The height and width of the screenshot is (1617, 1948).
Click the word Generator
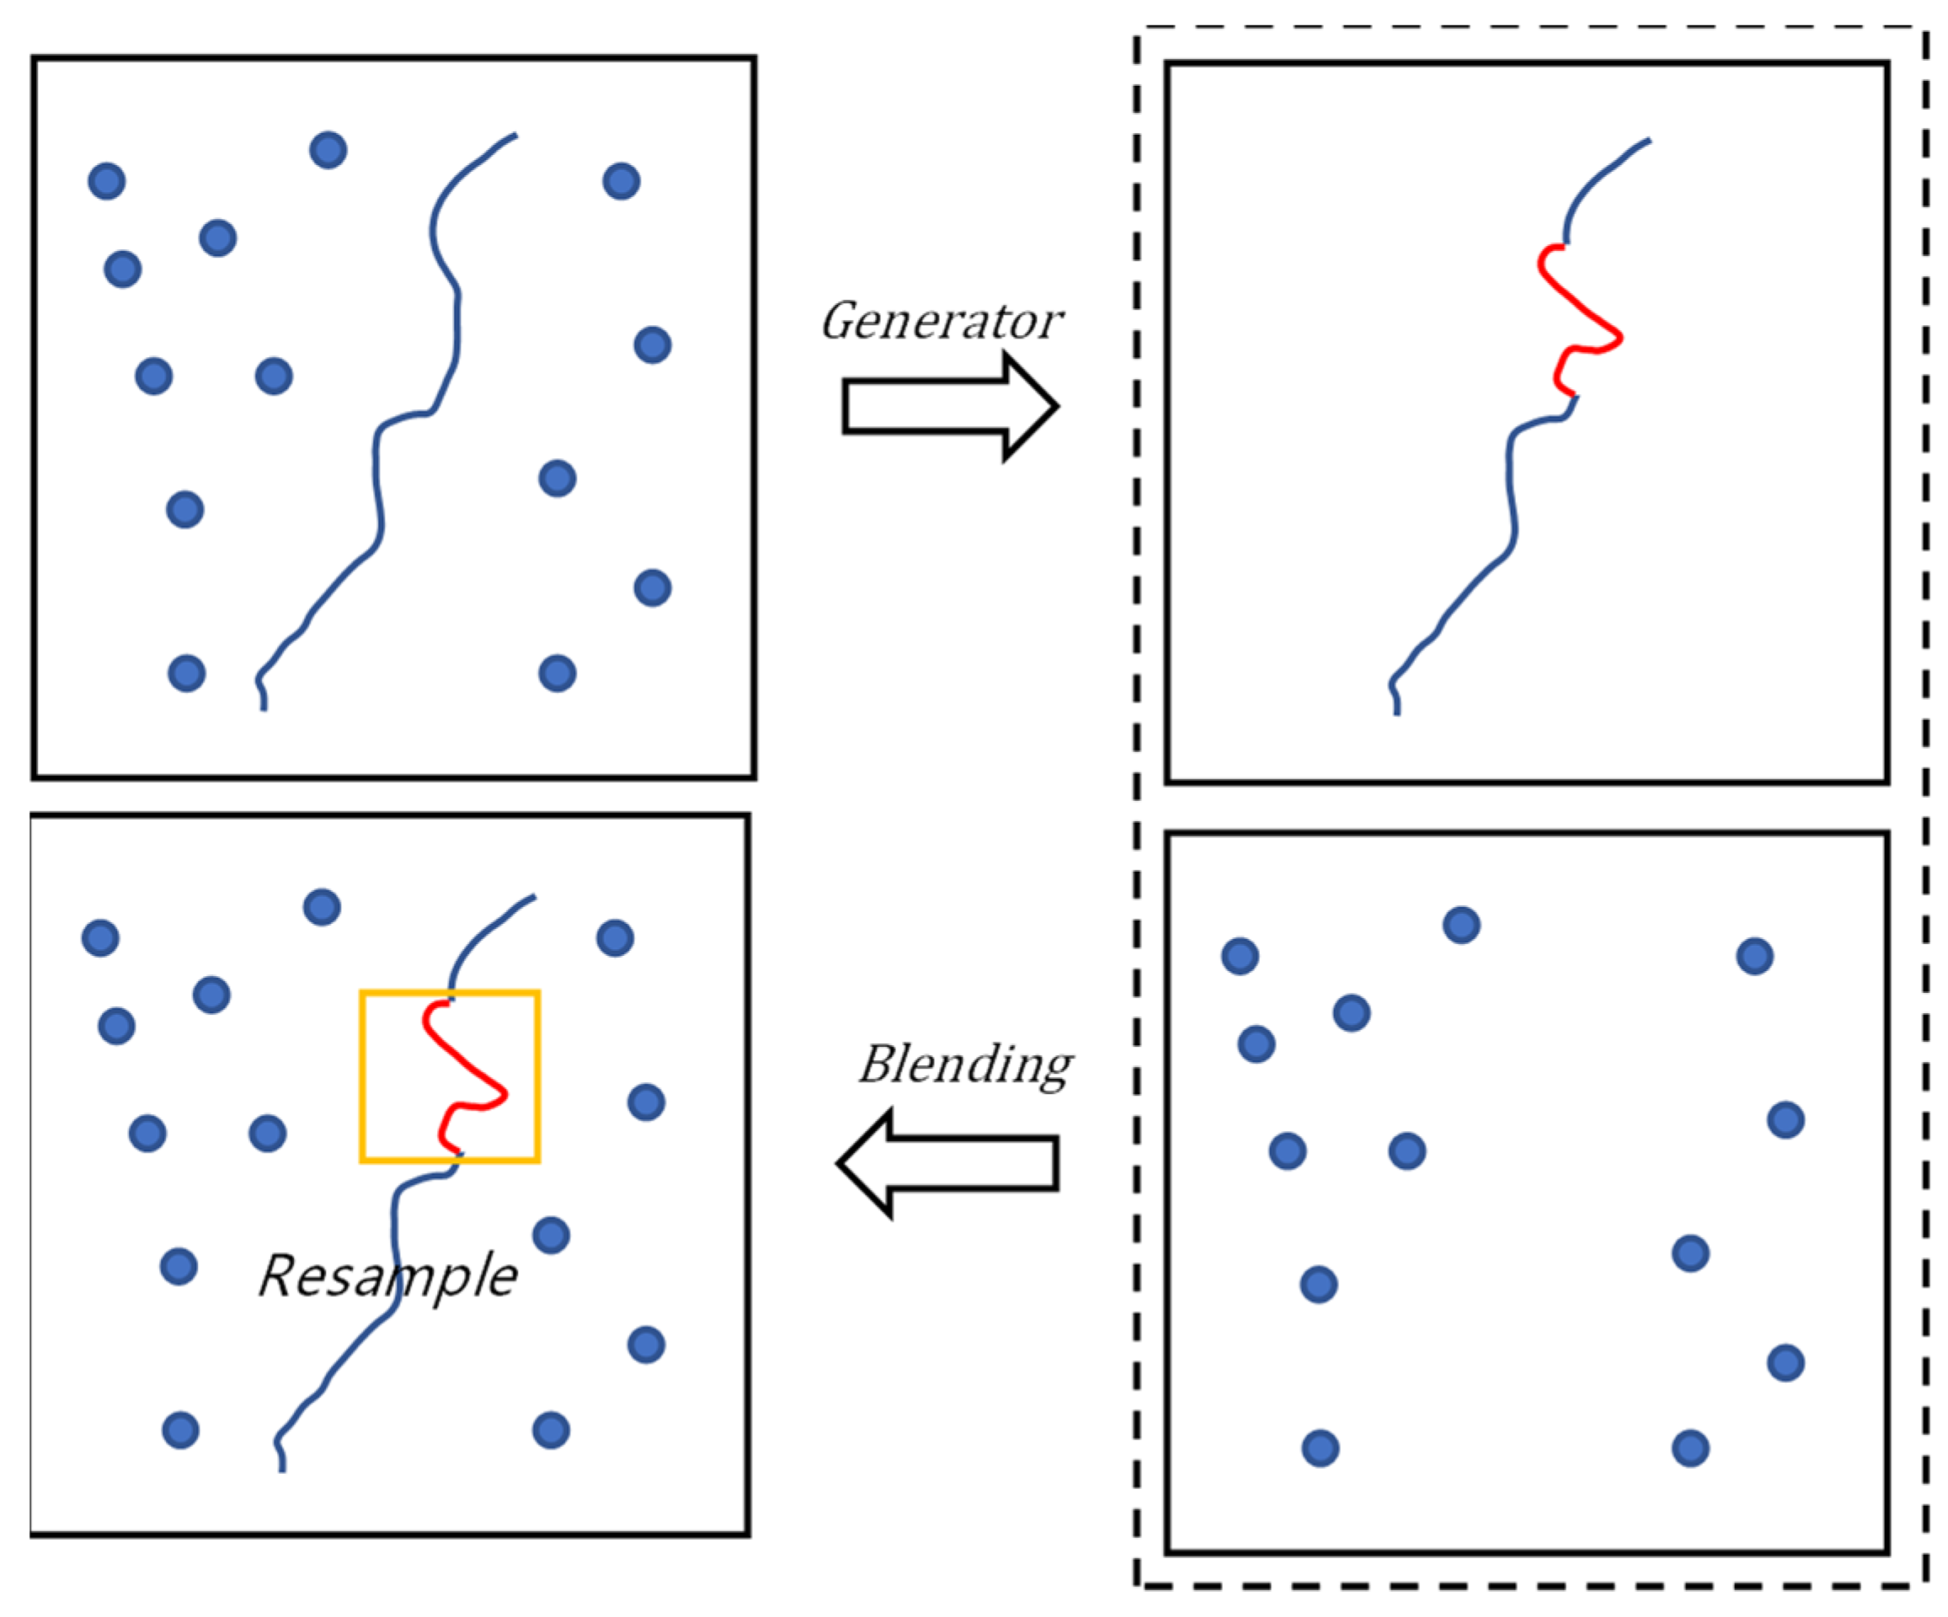941,322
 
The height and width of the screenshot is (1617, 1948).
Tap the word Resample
387,1276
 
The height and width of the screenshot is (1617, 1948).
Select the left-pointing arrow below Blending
948,1162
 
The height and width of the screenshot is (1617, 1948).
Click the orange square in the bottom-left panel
362,1076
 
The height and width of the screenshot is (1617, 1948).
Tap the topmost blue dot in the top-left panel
328,150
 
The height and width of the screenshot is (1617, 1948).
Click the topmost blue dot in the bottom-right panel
1461,925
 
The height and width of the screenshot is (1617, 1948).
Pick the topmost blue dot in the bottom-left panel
322,907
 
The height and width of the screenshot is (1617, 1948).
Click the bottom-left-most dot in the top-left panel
186,674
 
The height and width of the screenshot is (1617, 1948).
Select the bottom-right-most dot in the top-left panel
558,674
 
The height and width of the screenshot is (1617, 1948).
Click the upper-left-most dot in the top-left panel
107,181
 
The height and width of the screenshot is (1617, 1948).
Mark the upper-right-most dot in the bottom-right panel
1754,957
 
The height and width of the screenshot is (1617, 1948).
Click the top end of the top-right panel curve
1648,141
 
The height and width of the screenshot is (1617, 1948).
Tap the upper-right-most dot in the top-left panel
622,181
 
